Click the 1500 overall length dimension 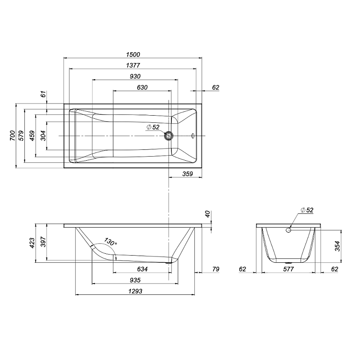(133, 54)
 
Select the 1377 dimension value (133, 65)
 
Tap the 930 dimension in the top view (135, 76)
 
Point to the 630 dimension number (142, 87)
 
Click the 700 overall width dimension (13, 135)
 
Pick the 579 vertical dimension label (21, 135)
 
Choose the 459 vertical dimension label (32, 135)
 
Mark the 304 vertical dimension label (43, 135)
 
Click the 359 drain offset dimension (188, 174)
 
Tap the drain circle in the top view (169, 136)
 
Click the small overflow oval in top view (193, 136)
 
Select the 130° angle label (110, 242)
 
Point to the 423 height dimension (32, 243)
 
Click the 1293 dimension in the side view (135, 291)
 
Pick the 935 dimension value (135, 280)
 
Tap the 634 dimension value (142, 269)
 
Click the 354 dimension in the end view (337, 246)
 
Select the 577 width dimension (288, 269)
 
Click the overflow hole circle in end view (288, 230)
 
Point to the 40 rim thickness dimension (207, 214)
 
